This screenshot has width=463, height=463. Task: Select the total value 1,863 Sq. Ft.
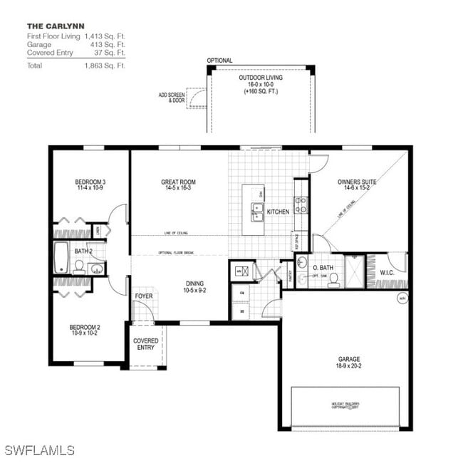[x=105, y=66]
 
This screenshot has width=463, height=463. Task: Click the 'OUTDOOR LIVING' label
[x=260, y=78]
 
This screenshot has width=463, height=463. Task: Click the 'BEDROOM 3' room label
[x=90, y=182]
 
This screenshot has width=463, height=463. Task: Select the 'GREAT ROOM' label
[x=178, y=182]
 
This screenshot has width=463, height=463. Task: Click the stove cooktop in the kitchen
[x=301, y=205]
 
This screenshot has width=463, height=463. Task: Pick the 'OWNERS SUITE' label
[x=358, y=182]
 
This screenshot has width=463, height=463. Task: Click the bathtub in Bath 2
[x=62, y=257]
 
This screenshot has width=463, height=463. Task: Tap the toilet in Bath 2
[x=79, y=267]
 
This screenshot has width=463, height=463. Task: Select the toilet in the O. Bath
[x=333, y=279]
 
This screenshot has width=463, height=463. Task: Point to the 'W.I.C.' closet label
[x=387, y=272]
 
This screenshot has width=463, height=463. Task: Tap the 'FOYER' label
[x=144, y=296]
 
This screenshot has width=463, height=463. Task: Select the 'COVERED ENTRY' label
[x=146, y=344]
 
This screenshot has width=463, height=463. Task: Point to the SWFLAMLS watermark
[x=39, y=450]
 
